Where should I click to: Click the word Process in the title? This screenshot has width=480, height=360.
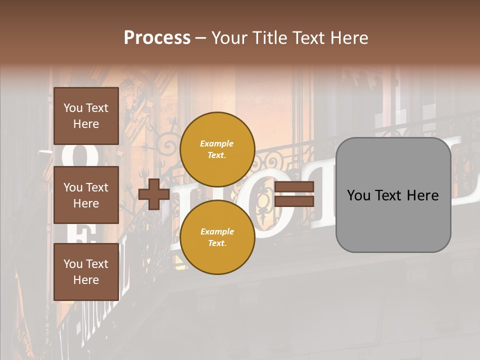pyautogui.click(x=157, y=38)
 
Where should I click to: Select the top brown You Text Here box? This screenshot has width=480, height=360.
pyautogui.click(x=86, y=116)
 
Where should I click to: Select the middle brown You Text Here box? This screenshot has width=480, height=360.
pyautogui.click(x=86, y=195)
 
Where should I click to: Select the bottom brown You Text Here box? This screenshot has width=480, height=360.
pyautogui.click(x=86, y=272)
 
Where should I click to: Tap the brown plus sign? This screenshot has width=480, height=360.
pyautogui.click(x=154, y=194)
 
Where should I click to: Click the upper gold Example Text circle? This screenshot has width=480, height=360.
pyautogui.click(x=217, y=149)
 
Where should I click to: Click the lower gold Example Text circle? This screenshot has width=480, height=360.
pyautogui.click(x=217, y=237)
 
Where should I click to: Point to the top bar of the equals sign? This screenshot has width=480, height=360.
pyautogui.click(x=294, y=187)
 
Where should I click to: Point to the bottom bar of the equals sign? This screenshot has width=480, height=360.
pyautogui.click(x=294, y=201)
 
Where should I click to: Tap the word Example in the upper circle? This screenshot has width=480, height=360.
pyautogui.click(x=217, y=143)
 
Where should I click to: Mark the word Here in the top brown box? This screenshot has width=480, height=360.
pyautogui.click(x=86, y=124)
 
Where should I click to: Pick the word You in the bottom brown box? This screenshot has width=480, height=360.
pyautogui.click(x=73, y=264)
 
